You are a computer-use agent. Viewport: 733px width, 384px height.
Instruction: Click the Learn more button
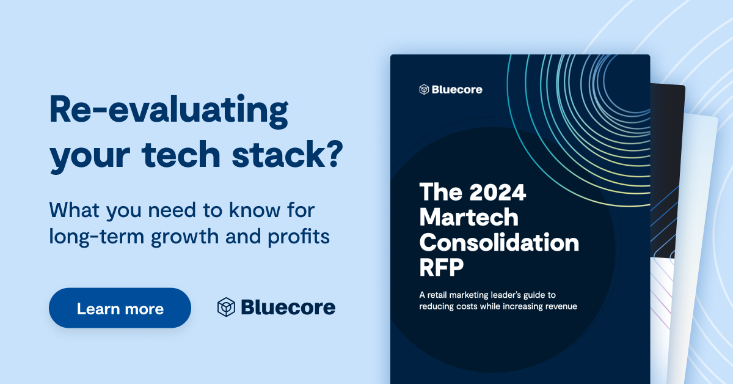click(120, 308)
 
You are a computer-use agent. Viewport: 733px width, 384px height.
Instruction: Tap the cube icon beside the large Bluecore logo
click(226, 307)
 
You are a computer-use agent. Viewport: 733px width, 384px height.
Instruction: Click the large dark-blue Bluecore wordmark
click(288, 307)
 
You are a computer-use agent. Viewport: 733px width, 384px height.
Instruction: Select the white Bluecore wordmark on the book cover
click(457, 89)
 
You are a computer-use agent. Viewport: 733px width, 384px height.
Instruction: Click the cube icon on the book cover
click(424, 89)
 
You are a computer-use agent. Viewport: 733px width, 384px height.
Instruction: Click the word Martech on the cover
click(469, 217)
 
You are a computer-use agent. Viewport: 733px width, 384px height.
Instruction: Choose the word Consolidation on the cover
click(499, 242)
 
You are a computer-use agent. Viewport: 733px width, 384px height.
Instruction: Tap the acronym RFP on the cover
click(443, 267)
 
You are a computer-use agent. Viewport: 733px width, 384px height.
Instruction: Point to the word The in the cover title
click(438, 193)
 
